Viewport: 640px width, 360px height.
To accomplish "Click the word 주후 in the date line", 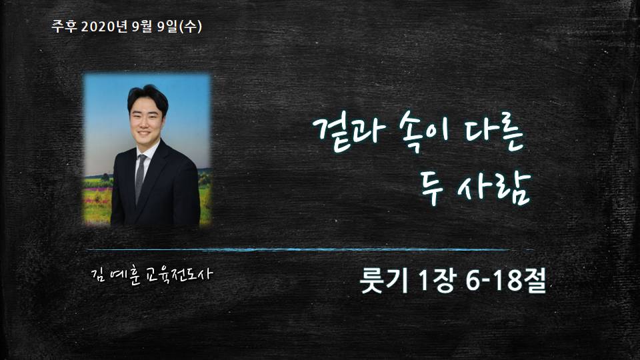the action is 64,27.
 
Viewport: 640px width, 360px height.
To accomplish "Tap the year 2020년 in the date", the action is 105,27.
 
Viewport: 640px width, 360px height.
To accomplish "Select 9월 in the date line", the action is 142,27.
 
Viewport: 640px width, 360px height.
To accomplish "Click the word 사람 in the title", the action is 494,188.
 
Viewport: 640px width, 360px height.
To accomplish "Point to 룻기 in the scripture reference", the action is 384,281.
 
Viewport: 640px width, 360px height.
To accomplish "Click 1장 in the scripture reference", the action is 436,281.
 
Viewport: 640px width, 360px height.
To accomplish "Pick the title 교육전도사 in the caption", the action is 179,274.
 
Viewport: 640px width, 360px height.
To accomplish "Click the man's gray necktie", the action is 140,178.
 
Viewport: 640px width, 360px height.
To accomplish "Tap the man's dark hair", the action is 147,98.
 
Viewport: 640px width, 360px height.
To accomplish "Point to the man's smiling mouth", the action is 145,133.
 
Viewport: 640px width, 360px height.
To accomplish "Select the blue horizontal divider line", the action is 310,249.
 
